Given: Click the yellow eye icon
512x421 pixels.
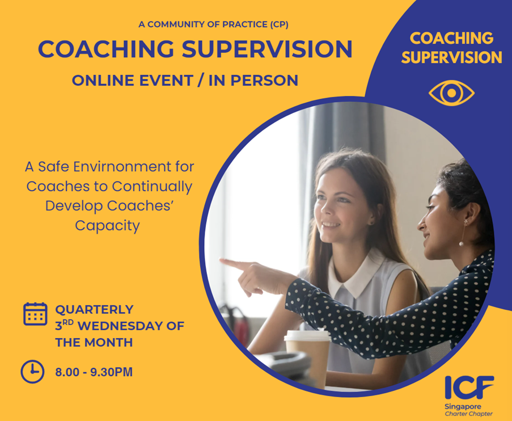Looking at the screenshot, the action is click(451, 93).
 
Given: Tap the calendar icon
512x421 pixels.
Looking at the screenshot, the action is click(35, 314).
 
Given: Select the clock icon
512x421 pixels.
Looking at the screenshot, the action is click(32, 372).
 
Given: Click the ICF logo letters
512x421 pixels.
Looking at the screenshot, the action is click(469, 388).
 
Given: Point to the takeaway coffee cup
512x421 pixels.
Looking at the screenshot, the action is click(307, 356).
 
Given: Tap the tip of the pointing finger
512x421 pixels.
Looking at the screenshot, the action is click(221, 260).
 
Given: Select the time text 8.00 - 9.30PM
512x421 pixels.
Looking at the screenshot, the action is click(94, 372).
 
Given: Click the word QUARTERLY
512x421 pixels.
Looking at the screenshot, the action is click(94, 309).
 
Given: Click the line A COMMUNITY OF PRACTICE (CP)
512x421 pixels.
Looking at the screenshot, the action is click(214, 24).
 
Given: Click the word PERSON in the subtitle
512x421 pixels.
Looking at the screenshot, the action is click(264, 81).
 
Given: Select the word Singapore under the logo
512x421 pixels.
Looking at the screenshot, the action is click(463, 407).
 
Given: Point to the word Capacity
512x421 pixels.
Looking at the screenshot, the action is click(107, 226).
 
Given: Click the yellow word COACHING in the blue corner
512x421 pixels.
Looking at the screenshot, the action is click(451, 38).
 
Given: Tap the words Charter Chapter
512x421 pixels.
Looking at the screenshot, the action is click(468, 414).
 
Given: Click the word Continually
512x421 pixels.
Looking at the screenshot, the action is click(152, 187).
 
